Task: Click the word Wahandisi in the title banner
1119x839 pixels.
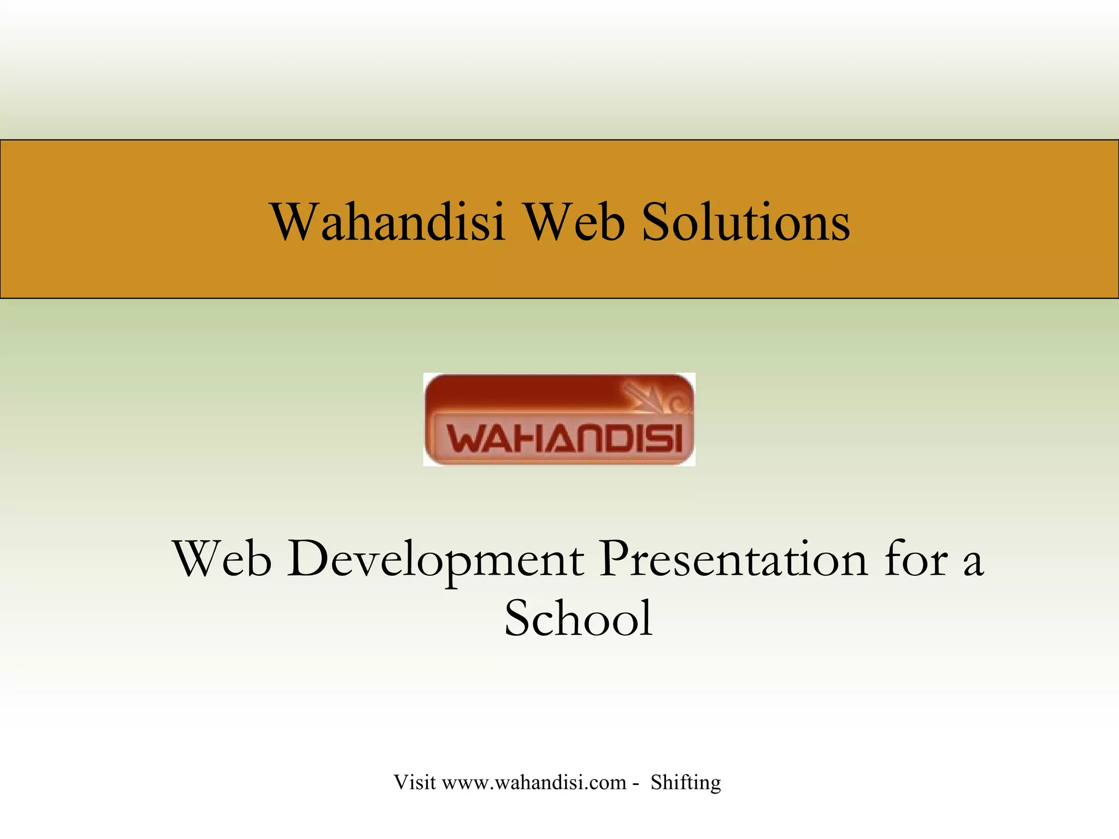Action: tap(387, 222)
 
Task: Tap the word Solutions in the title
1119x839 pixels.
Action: tap(746, 222)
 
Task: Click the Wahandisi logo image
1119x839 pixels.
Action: tap(559, 419)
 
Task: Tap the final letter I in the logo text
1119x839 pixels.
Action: tap(678, 439)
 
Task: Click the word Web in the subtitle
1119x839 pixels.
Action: tap(222, 559)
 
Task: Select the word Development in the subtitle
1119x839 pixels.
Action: tap(436, 559)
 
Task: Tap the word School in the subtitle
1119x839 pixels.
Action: tap(578, 618)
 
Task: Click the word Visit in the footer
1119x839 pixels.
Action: tap(415, 782)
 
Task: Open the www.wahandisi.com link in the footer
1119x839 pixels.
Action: tap(533, 783)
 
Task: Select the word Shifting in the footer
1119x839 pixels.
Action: tap(686, 783)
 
